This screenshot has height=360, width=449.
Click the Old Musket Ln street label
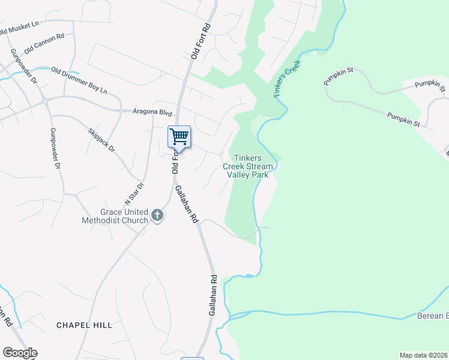(x=19, y=28)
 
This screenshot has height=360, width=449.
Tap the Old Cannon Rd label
(x=44, y=43)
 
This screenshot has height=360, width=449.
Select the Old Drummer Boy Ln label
(x=79, y=81)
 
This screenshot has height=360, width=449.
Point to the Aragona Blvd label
(x=152, y=113)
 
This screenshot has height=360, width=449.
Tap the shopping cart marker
(x=179, y=137)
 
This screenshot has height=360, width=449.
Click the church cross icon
(x=157, y=215)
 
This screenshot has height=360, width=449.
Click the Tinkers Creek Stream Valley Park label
(x=248, y=166)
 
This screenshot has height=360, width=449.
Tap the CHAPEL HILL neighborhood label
(x=84, y=325)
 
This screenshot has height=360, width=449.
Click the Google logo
(x=20, y=353)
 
